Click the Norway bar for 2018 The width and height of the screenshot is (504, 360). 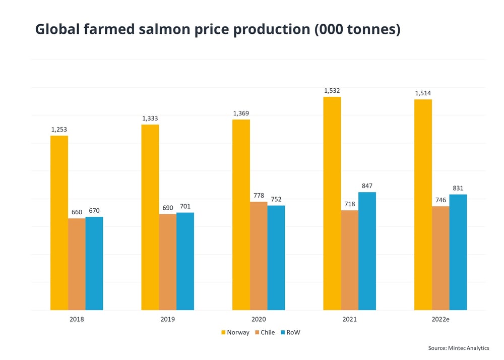coord(59,222)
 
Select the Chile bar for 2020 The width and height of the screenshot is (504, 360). coord(259,256)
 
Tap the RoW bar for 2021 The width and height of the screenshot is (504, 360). coord(367,251)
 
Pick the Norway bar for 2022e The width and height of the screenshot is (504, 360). coord(423,204)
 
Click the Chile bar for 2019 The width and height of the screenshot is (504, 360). coord(168,262)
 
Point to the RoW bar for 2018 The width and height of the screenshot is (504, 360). coord(94,263)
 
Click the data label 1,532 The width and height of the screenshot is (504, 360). coord(332,90)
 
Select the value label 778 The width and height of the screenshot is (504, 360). coord(259,195)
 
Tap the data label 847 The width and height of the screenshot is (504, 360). coord(367,186)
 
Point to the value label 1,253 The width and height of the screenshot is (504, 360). coord(59,129)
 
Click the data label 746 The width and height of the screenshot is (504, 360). coord(440,200)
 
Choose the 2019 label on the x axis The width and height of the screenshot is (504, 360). coord(168,319)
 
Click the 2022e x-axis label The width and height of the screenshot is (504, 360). coord(440,319)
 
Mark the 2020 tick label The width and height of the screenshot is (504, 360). coord(259,319)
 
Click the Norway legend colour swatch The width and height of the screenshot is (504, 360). coord(223,333)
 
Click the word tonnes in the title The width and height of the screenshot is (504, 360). coord(370,30)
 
